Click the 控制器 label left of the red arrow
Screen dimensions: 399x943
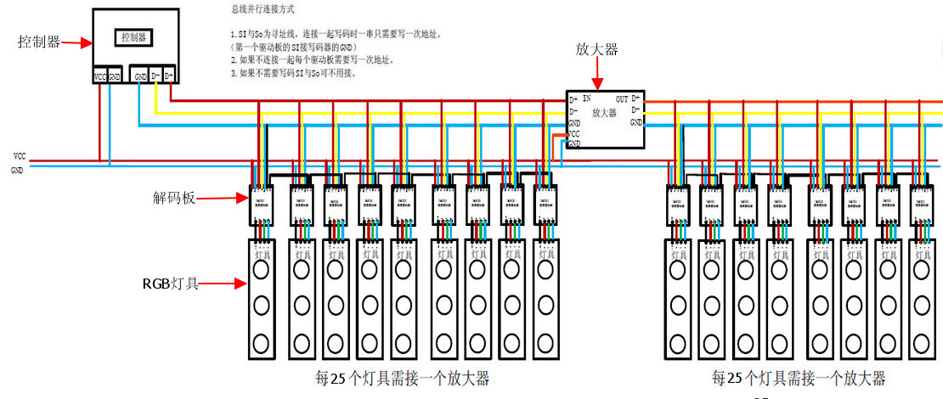point(39,42)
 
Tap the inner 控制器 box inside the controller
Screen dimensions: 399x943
point(134,37)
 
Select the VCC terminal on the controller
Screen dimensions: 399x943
point(100,76)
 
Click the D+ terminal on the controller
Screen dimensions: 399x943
point(168,76)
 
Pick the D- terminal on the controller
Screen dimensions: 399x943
point(155,76)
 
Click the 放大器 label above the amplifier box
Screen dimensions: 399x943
point(596,50)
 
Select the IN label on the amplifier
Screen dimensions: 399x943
point(586,99)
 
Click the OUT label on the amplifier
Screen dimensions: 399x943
point(622,99)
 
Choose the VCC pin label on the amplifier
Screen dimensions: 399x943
point(574,134)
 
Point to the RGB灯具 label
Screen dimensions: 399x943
point(171,284)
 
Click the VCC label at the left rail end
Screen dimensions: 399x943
point(19,157)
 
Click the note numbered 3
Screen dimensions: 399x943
point(293,73)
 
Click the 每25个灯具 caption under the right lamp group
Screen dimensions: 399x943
point(799,378)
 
